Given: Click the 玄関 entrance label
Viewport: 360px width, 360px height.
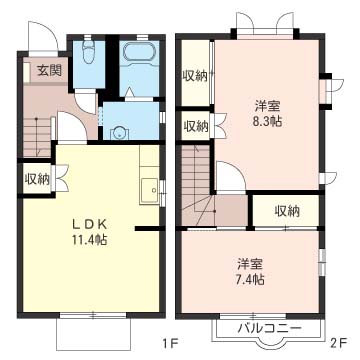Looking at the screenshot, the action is (49, 70).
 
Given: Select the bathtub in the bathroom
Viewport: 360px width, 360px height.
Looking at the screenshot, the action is (138, 52).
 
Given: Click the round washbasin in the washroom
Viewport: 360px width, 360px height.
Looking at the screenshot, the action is (118, 133).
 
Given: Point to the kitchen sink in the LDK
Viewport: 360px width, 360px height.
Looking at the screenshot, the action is (149, 191).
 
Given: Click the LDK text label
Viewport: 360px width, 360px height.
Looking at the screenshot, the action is (90, 225).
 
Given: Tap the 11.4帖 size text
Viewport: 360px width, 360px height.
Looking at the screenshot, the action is (90, 240).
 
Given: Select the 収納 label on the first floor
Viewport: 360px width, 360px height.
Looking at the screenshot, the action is (37, 179).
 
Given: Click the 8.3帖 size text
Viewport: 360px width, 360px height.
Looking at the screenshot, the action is (266, 121).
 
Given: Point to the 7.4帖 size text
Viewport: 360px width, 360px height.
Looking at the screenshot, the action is (249, 278).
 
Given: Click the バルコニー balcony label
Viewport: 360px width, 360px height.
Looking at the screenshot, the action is (268, 329).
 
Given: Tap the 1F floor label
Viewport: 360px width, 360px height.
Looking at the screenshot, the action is (171, 342).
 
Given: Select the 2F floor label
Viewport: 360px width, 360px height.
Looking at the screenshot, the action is (339, 342).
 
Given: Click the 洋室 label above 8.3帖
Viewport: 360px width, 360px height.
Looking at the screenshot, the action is (267, 106).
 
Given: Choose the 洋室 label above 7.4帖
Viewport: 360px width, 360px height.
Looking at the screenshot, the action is (249, 264).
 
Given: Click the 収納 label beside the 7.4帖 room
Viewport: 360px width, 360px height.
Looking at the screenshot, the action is (286, 211).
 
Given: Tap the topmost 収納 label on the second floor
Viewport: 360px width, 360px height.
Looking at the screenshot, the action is (194, 76).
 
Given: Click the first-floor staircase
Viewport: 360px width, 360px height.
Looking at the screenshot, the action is (37, 136).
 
